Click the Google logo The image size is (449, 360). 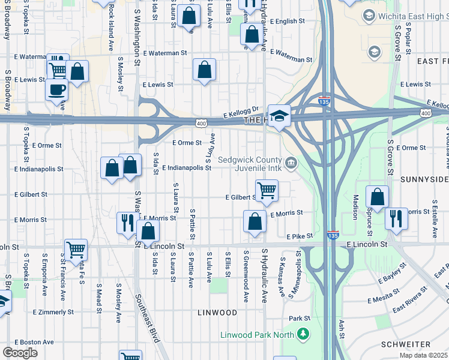point(20,353)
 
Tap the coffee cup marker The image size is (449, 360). point(57,90)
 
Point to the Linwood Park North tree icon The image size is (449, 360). point(304,333)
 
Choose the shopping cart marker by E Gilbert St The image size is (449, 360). point(267,191)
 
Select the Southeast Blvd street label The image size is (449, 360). point(147,318)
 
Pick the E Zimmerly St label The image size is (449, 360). point(53,312)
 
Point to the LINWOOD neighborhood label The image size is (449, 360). point(217,313)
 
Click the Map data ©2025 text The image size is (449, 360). point(423,355)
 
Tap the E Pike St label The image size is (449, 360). point(300,237)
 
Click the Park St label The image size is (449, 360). point(298,318)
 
